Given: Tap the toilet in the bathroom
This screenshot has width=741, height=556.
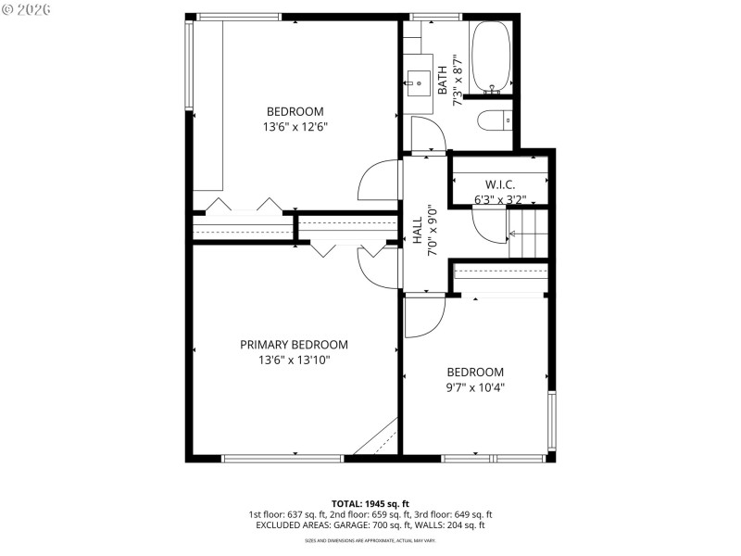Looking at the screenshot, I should (493, 120).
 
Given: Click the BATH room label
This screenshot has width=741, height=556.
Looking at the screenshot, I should (443, 78).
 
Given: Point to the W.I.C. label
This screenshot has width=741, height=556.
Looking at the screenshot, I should (500, 184).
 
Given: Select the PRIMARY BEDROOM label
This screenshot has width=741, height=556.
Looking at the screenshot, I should (294, 345).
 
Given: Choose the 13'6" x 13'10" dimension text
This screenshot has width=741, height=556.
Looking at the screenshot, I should (294, 360).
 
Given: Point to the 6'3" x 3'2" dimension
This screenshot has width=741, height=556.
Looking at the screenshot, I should (500, 199).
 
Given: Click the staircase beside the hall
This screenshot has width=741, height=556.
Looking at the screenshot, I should (529, 234).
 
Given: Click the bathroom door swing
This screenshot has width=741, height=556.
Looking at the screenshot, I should (427, 135).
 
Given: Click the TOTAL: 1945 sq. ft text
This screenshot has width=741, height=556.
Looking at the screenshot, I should (370, 502).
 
